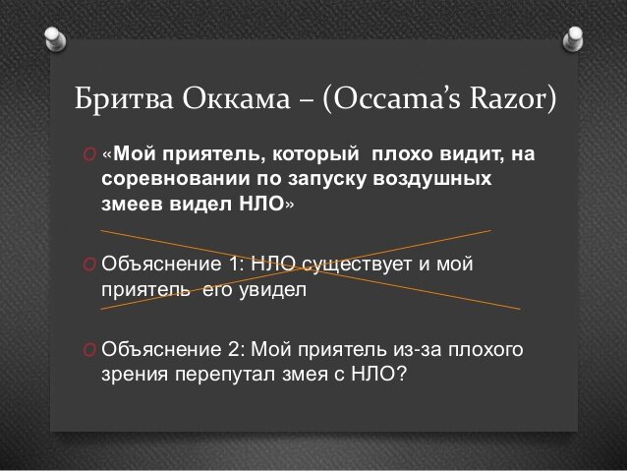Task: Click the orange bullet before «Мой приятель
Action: (89, 159)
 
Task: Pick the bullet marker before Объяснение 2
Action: (89, 351)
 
